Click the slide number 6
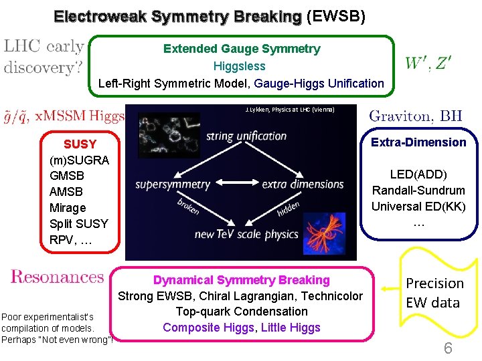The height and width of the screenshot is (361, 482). point(448,348)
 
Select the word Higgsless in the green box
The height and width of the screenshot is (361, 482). point(239,66)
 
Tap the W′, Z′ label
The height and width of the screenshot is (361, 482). point(428,63)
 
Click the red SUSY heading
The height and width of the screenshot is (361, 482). point(80,144)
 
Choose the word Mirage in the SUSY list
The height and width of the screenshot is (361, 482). point(68,208)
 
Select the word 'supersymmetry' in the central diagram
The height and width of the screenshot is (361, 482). point(173,185)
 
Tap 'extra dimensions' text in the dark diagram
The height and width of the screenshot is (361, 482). point(303,185)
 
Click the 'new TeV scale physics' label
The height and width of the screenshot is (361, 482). point(246,234)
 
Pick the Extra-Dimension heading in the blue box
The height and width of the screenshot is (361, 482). point(418,142)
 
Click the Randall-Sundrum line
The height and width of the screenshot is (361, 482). point(418,191)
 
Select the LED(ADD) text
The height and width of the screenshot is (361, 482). point(418,174)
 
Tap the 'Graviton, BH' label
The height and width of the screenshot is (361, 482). point(416,116)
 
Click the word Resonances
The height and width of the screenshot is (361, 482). point(58,277)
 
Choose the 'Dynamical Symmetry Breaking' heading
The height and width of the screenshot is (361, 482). point(242,280)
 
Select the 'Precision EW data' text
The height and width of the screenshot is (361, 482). point(434,293)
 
